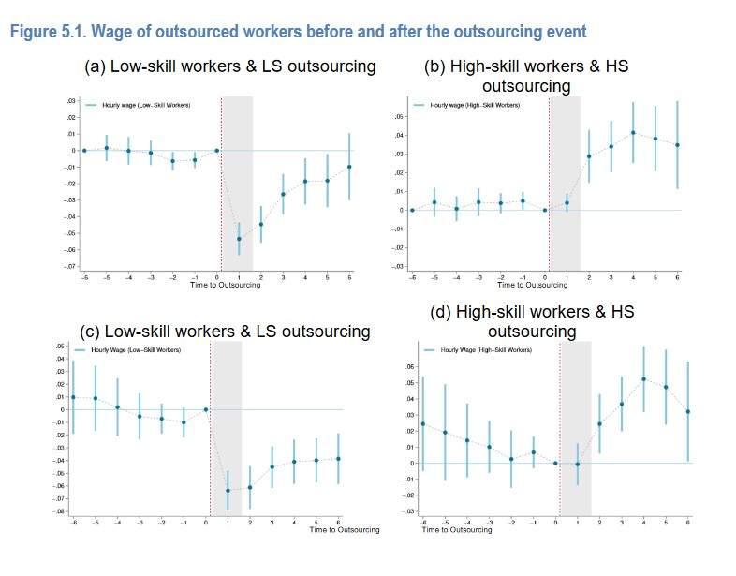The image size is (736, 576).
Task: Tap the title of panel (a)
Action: click(x=230, y=67)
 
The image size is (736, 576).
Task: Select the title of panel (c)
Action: click(x=225, y=332)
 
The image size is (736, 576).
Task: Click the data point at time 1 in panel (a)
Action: click(x=239, y=239)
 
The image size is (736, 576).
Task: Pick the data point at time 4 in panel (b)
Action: click(x=633, y=132)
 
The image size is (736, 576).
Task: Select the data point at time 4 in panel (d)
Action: click(x=643, y=378)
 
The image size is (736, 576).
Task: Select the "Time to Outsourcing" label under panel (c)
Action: click(x=345, y=530)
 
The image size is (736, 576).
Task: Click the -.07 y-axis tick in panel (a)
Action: click(x=71, y=267)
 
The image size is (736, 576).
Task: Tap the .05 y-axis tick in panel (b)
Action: click(x=397, y=117)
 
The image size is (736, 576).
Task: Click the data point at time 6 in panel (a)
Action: click(x=349, y=167)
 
